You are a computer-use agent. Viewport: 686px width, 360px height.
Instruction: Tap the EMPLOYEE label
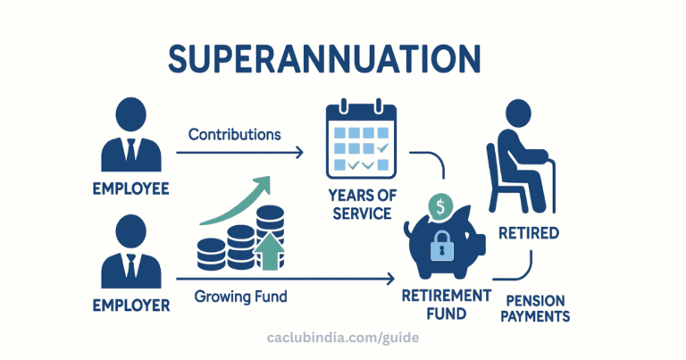point(130,190)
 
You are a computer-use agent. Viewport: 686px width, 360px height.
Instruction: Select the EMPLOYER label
point(130,306)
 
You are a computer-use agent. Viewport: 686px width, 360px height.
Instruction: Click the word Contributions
point(234,134)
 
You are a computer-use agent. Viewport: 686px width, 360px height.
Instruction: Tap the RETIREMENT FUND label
point(446,304)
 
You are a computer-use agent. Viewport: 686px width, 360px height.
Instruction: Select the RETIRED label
point(530,233)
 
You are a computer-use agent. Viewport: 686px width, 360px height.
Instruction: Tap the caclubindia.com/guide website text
point(343,339)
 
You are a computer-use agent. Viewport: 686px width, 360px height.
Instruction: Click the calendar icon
point(359,138)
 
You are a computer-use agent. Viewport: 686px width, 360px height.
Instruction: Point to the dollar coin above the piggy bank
point(440,206)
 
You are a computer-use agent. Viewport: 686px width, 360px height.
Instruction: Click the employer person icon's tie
point(130,269)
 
